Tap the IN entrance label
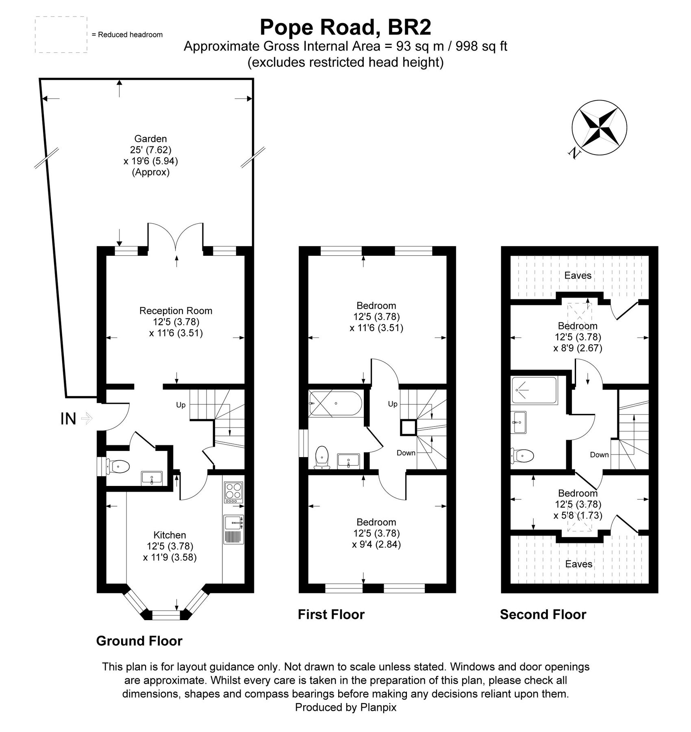68,418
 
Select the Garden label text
150,139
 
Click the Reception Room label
176,311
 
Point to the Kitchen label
169,535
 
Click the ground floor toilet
117,466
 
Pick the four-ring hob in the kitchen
233,491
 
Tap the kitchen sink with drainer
233,529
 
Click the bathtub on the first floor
335,403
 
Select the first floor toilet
322,457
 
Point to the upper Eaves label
578,275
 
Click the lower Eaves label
578,564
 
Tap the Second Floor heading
543,614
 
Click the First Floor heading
331,614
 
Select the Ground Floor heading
139,641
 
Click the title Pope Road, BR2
345,28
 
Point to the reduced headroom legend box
61,35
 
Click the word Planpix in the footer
378,707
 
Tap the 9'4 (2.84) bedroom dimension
376,544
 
